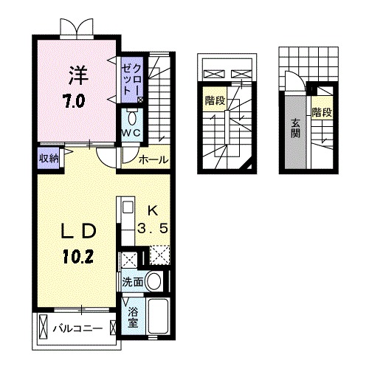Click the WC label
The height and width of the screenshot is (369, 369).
[x=131, y=133]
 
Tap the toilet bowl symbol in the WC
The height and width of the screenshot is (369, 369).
[x=131, y=117]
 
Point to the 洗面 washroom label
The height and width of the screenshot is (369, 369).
[x=132, y=282]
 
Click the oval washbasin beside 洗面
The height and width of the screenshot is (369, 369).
[x=154, y=280]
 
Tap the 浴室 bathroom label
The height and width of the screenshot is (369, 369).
[x=132, y=318]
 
